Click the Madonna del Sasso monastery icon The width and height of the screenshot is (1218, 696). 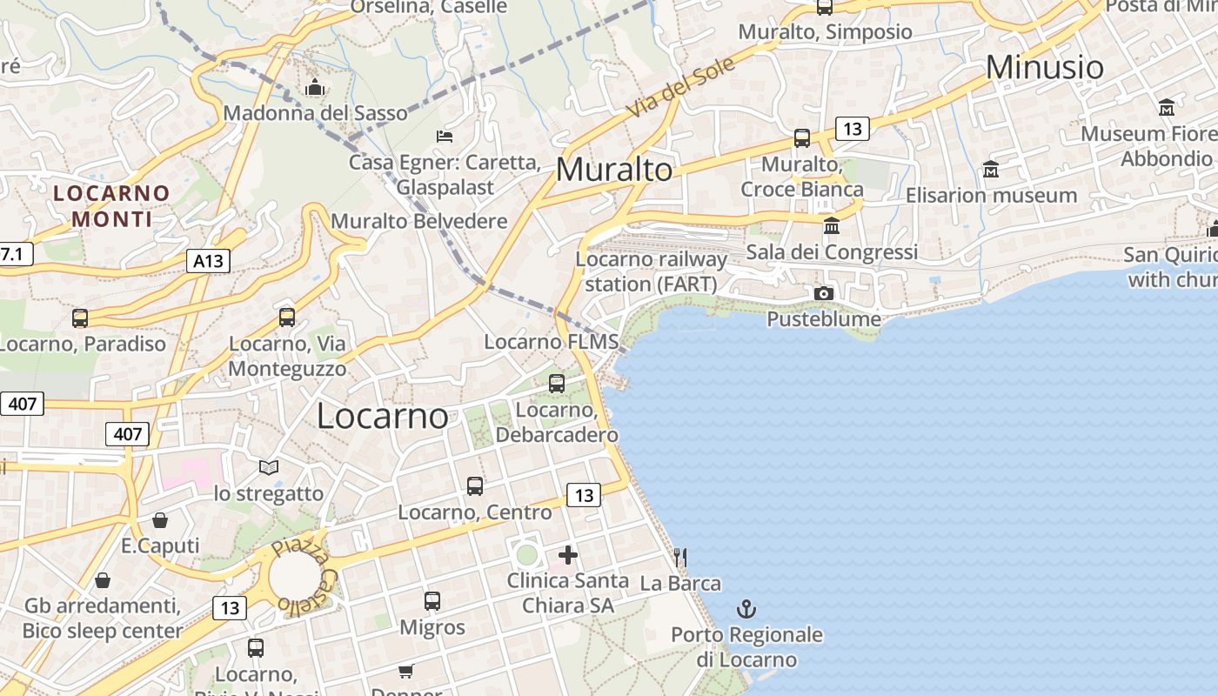coord(315,87)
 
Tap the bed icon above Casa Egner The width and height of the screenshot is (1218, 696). coord(444,136)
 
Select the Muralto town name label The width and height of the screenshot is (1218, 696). coord(614,170)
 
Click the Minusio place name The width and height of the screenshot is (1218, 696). coord(1045,67)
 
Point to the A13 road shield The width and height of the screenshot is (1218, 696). coord(208,260)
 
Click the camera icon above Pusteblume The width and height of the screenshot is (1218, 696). coord(823,293)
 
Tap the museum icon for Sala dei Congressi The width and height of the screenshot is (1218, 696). coord(831,225)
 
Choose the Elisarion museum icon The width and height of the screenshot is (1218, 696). coord(990,169)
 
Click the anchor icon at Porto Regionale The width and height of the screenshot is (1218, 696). coord(746,608)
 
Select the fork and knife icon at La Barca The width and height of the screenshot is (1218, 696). coord(680,557)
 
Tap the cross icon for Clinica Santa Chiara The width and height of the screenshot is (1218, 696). coord(568,554)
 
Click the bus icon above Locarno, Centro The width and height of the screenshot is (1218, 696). coord(475,486)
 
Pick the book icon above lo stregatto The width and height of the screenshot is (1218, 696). coord(269,467)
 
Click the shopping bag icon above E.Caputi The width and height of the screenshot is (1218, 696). coord(160,520)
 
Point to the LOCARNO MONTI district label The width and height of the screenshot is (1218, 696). coord(111,205)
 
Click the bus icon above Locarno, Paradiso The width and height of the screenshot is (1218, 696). coord(80,318)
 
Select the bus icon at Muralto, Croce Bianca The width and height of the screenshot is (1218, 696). coord(802,138)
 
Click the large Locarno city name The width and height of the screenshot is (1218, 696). coord(383,416)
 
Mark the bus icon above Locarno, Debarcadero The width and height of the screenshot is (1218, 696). coord(557,383)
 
